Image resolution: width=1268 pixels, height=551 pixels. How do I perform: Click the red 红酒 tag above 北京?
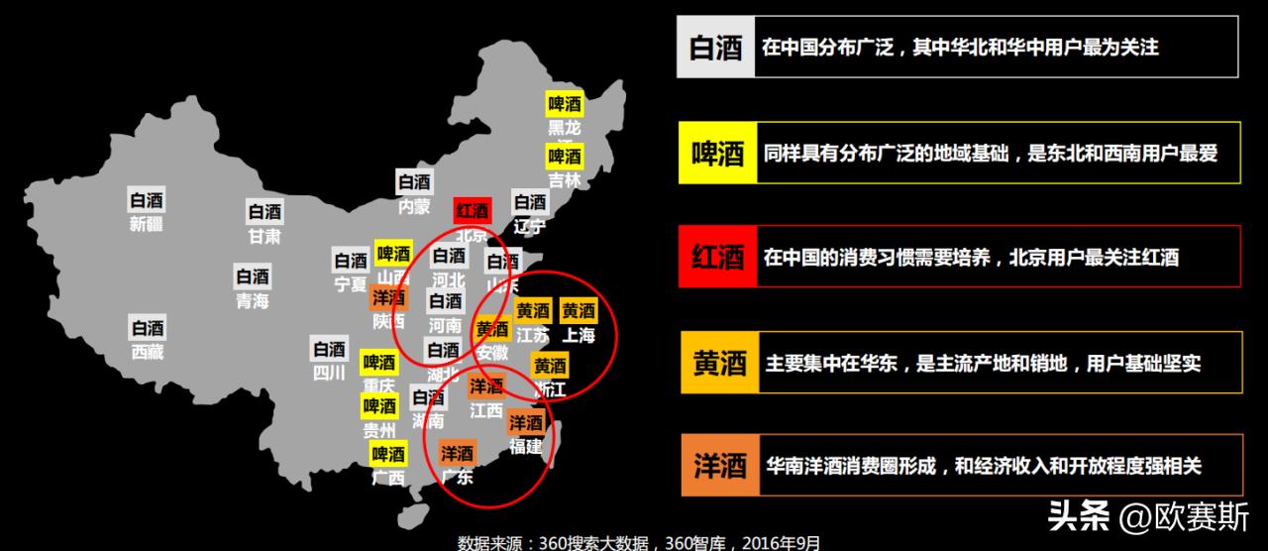pos(473,210)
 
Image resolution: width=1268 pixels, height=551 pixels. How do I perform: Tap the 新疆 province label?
pos(147,224)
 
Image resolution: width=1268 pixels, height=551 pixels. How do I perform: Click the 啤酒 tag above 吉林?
pos(565,157)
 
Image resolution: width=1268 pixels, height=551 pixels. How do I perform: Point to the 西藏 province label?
pos(147,352)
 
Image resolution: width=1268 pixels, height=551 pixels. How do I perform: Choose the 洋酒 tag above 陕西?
pos(388,297)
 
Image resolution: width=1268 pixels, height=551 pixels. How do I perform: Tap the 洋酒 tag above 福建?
pos(526,423)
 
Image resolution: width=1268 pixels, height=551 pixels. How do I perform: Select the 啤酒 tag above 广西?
pos(387,455)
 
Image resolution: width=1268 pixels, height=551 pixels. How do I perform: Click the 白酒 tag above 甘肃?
pos(264,212)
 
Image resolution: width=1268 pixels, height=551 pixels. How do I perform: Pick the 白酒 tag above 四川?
pos(329,350)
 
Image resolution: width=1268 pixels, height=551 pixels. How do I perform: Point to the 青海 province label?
pos(252,301)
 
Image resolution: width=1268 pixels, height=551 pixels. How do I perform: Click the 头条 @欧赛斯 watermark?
pos(1148,516)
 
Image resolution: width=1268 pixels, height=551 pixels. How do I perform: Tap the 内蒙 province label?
pos(414,207)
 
